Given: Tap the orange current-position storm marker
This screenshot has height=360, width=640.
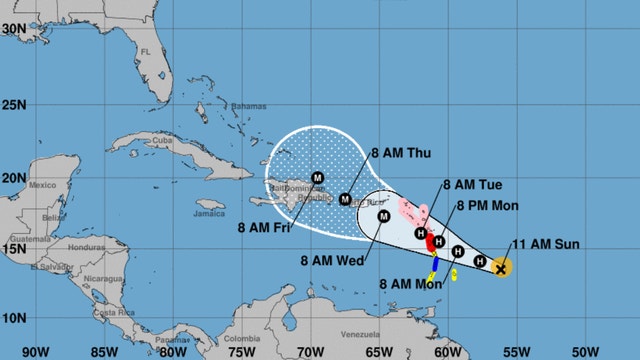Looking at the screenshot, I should (x=502, y=267).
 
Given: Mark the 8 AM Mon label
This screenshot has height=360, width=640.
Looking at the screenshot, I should (x=408, y=284).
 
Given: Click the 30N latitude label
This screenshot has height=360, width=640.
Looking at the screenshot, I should (x=13, y=29).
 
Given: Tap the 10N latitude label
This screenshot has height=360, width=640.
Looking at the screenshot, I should (x=13, y=318).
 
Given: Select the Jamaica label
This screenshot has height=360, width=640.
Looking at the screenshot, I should (x=209, y=213).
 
